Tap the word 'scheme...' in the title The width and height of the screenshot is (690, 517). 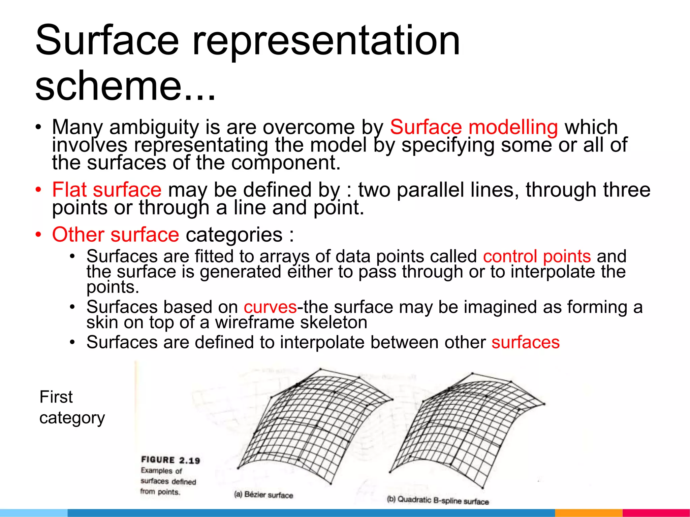coord(125,86)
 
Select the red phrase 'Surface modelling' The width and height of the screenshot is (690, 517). coord(474,127)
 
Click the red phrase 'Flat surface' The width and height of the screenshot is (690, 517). coord(107,189)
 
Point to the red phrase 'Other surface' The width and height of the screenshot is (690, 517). coord(116,234)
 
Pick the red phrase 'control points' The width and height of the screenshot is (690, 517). coord(537,256)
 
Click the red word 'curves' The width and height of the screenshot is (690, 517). coord(270,307)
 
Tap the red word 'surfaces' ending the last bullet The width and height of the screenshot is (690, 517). coord(526,342)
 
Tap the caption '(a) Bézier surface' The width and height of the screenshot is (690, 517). coord(263,495)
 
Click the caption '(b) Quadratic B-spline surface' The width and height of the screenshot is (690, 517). coord(438,501)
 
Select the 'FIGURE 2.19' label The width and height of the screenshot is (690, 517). coord(170,460)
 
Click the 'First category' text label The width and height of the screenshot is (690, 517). coord(72,407)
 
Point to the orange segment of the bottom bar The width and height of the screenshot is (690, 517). coord(588,513)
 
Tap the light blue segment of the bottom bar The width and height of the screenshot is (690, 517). coord(34,513)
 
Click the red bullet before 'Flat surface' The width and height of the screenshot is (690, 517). coord(39,190)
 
